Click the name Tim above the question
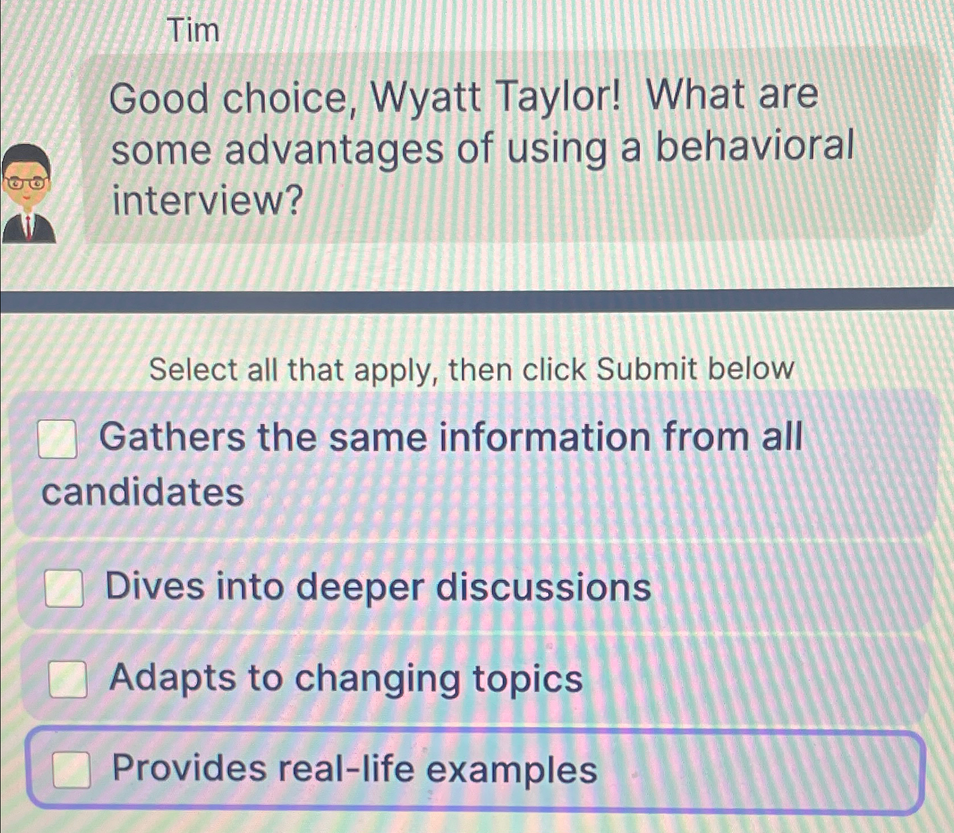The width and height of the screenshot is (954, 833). click(x=194, y=30)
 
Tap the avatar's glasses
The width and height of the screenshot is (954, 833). click(x=26, y=183)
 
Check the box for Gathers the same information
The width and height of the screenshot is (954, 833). click(x=57, y=439)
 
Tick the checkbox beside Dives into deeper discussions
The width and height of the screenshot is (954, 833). click(x=64, y=588)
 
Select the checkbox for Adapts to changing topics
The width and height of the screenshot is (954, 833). click(x=67, y=679)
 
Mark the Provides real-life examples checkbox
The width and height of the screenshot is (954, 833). click(x=71, y=769)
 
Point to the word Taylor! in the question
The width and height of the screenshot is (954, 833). click(x=559, y=97)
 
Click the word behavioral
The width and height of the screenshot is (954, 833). click(x=754, y=147)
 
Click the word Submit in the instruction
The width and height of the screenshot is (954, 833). click(x=646, y=369)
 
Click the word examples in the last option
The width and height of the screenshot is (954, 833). click(x=512, y=769)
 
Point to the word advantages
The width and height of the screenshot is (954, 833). click(x=334, y=151)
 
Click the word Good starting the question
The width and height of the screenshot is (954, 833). click(x=159, y=98)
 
